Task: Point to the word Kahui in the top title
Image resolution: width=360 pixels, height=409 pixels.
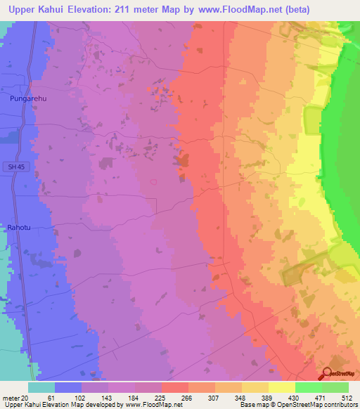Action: pos(56,8)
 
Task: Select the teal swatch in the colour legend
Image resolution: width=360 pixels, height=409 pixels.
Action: pos(41,387)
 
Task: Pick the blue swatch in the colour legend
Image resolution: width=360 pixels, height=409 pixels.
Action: pos(67,387)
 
